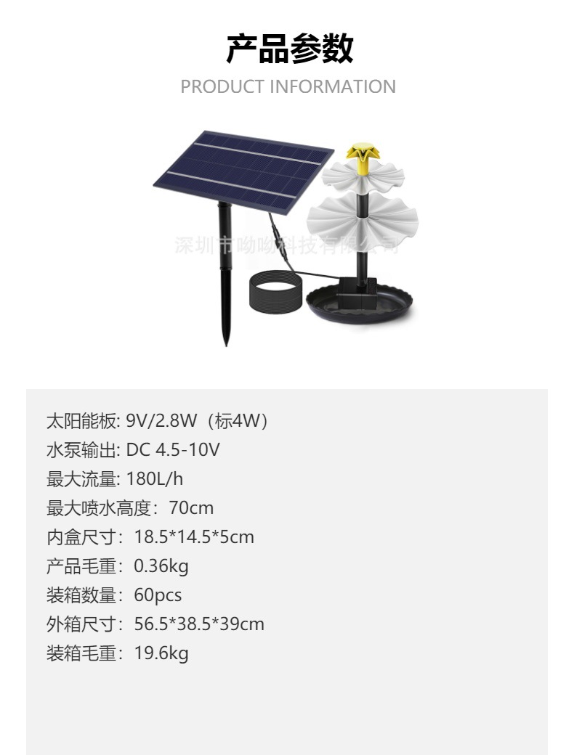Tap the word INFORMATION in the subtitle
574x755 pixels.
click(333, 87)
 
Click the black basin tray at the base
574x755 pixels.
click(362, 306)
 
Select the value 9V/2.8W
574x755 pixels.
click(160, 421)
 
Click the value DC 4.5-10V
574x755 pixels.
click(173, 450)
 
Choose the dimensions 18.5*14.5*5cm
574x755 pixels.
click(194, 537)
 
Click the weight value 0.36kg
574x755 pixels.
click(161, 566)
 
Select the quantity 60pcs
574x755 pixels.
click(158, 595)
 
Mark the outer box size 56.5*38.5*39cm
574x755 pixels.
click(199, 624)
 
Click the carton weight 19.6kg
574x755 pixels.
click(161, 653)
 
